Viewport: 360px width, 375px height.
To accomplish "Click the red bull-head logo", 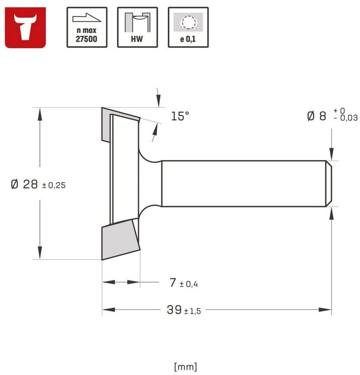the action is tap(25, 27).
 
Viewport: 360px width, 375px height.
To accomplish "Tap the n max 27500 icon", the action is tap(87, 27).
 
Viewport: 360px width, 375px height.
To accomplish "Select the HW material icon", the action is tap(137, 27).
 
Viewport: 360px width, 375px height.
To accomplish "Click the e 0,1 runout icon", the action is tap(188, 27).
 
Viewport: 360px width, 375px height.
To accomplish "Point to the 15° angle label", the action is tap(180, 116).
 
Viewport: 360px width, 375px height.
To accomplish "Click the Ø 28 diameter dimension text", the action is tap(25, 185).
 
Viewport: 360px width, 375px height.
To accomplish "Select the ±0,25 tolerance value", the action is tap(54, 185).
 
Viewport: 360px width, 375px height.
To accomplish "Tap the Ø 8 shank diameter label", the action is tap(316, 116).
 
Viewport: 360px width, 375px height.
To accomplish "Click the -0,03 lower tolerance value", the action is tap(346, 118).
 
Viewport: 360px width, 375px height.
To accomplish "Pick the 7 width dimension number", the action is tap(173, 283).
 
